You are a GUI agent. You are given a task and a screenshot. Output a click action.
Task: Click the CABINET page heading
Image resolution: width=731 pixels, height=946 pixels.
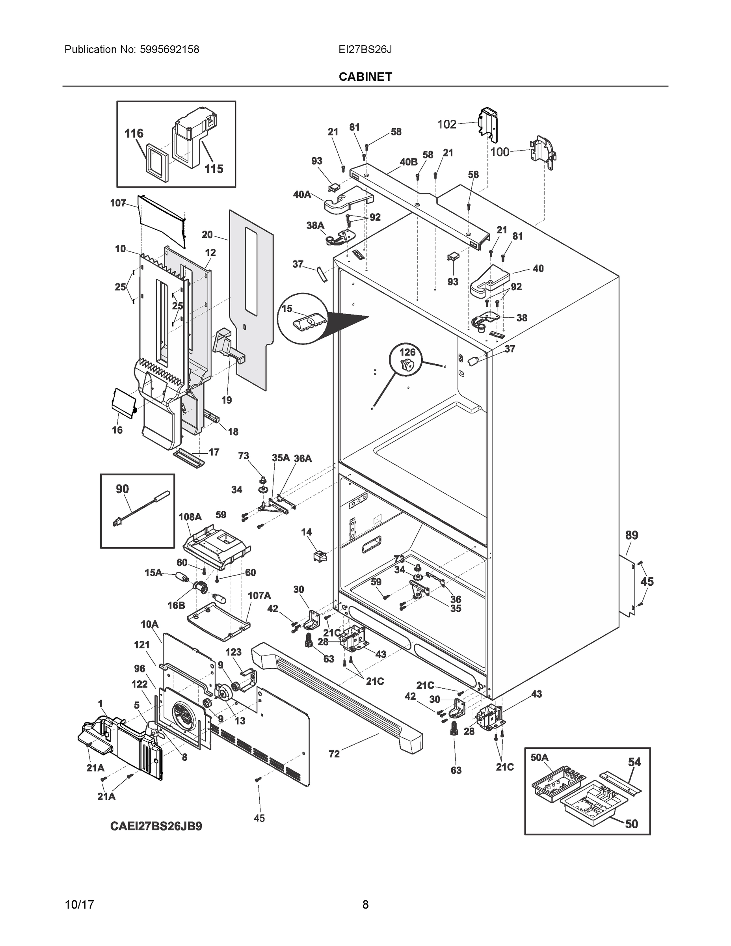[365, 77]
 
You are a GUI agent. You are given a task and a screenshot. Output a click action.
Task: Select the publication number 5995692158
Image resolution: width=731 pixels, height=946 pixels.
[169, 49]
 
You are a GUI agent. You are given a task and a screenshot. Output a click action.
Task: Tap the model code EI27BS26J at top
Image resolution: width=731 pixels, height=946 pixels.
[365, 49]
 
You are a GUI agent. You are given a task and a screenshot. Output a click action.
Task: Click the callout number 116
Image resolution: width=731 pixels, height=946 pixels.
[134, 133]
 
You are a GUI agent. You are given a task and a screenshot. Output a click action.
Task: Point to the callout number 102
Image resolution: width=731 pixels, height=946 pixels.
[447, 125]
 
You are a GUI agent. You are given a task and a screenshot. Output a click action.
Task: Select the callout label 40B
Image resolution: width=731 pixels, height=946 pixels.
[408, 162]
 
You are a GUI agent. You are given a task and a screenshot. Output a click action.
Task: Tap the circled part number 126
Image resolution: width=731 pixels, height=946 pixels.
[407, 352]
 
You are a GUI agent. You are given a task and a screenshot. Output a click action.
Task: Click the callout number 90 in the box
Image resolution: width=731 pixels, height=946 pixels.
[122, 489]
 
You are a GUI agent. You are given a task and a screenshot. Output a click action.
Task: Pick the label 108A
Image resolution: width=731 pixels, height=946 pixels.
[190, 517]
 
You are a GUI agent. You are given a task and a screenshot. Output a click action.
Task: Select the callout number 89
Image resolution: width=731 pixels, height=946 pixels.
[631, 535]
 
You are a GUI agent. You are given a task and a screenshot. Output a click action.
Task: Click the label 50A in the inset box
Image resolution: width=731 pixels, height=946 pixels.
[539, 758]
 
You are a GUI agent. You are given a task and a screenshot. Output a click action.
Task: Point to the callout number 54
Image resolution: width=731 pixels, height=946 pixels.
[634, 762]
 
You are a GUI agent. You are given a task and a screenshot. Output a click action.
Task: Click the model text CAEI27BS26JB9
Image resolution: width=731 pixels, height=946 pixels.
[156, 827]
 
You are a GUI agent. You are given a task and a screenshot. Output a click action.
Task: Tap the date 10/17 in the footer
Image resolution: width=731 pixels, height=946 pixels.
[79, 905]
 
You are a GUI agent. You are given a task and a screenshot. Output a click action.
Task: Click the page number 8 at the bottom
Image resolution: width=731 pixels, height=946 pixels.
[365, 905]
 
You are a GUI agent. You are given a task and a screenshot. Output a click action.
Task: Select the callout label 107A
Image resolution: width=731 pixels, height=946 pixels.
[259, 596]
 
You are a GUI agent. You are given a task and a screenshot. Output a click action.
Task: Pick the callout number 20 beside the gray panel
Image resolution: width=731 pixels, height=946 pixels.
[207, 235]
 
